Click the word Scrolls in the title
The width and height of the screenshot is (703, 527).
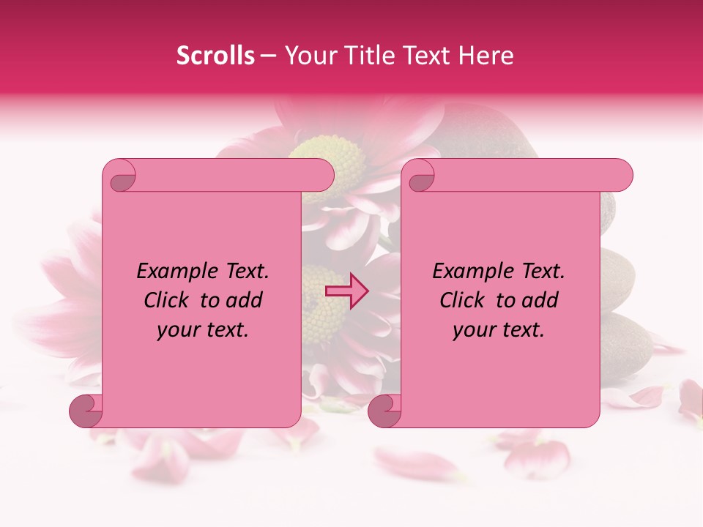pyautogui.click(x=215, y=56)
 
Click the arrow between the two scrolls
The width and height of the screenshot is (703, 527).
pyautogui.click(x=347, y=291)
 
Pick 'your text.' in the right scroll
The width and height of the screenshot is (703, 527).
pyautogui.click(x=499, y=329)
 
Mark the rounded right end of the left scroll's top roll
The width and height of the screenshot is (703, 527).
pyautogui.click(x=325, y=175)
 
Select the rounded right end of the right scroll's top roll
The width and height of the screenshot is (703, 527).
pyautogui.click(x=624, y=175)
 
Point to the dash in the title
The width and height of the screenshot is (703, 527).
pyautogui.click(x=269, y=56)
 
